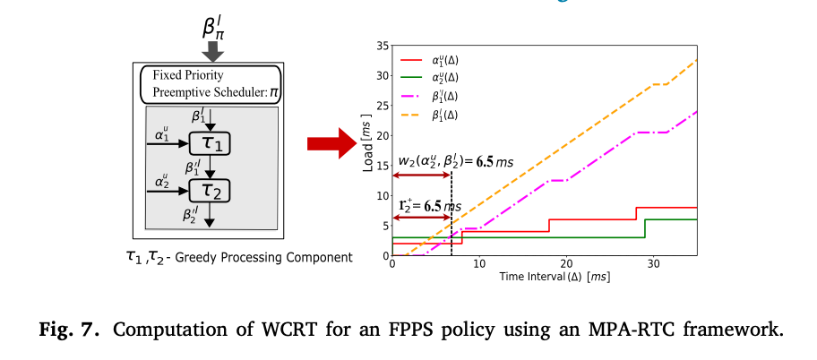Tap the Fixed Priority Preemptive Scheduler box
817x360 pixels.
[x=209, y=86]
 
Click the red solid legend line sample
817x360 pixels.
[x=413, y=60]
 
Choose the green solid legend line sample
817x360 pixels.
[x=413, y=77]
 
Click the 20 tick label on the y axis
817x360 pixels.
[x=382, y=135]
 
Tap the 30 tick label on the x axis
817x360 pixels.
[x=654, y=266]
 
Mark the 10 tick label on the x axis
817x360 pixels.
[x=479, y=266]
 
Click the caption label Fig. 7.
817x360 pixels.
[x=64, y=329]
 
